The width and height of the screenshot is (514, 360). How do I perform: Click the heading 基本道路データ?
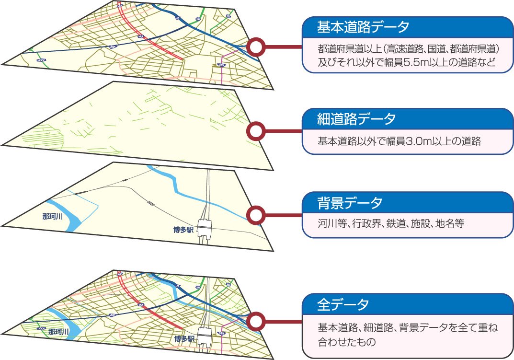coord(363,27)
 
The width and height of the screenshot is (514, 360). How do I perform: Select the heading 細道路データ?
coord(356,119)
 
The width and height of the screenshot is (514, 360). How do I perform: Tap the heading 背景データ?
coord(350,203)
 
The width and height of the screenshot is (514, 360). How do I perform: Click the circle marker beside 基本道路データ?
coord(257,47)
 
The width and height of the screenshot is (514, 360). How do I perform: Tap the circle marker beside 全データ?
coord(257,320)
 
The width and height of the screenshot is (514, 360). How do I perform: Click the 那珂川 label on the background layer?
coord(53,217)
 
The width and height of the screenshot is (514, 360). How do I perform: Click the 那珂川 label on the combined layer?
coord(59,332)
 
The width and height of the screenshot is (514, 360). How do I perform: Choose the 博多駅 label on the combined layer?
coord(185,339)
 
